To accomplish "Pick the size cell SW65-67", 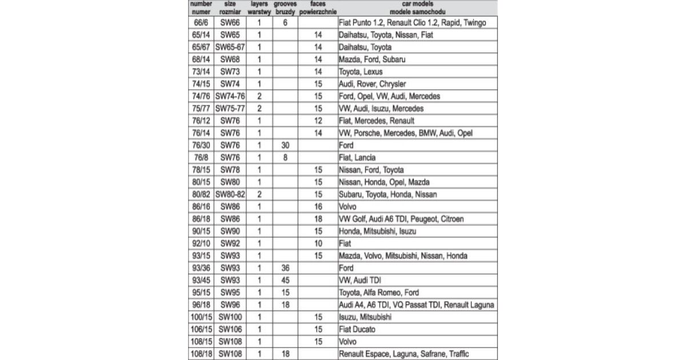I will coord(230,47).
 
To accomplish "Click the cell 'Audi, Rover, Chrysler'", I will coord(372,84).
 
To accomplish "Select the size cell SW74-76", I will coord(230,97).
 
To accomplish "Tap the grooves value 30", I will coord(284,146).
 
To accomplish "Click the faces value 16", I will coord(318,207).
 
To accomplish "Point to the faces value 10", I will coord(318,243).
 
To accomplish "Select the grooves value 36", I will coord(284,268).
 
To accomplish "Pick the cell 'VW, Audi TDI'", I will coord(360,281).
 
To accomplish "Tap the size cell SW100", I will coord(230,317).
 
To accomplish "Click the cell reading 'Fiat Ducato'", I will coord(357,330).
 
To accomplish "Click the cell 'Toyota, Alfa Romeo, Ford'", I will coord(379,293).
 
